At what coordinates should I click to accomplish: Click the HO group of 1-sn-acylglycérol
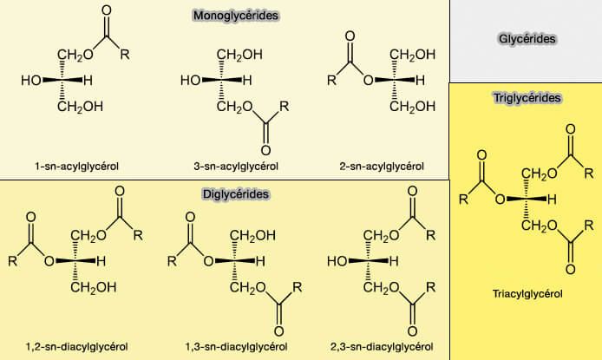coord(31,81)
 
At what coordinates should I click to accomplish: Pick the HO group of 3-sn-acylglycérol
coord(190,81)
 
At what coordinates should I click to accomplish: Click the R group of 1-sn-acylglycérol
coord(125,56)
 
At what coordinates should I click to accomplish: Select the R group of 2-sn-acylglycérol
coord(331,82)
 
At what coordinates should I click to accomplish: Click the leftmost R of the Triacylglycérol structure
coord(463,200)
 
